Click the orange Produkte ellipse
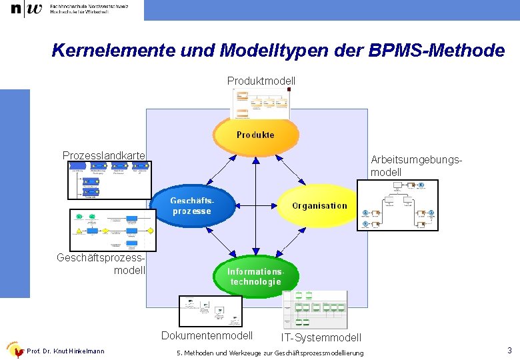coord(255,135)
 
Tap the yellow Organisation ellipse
coord(319,205)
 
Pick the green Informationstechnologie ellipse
coord(256,276)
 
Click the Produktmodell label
coord(261,81)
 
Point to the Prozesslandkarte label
coord(103,155)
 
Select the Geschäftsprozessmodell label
coord(101,263)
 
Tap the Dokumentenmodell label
coord(207,335)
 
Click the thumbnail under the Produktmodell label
coord(261,103)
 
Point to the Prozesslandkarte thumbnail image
coord(109,181)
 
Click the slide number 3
coord(509,351)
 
